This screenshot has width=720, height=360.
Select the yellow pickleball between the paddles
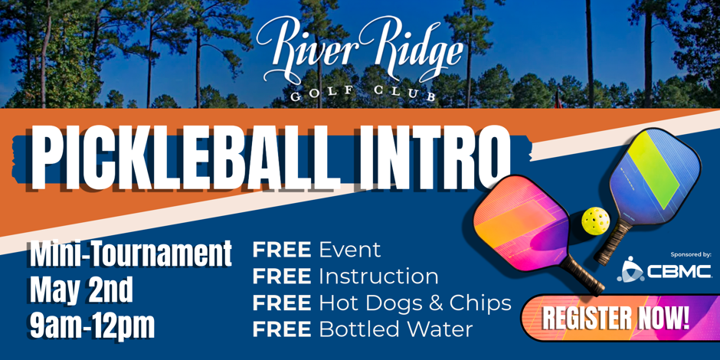tap(595, 221)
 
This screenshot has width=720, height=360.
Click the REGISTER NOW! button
tap(617, 318)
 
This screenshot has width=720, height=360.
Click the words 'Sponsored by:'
tap(691, 254)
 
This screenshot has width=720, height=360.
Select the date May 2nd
tap(81, 290)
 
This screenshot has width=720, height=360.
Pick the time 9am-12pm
tap(92, 327)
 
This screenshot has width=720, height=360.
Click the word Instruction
tap(379, 277)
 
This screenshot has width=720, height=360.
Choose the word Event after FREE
tap(350, 250)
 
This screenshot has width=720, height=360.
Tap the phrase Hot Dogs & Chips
tap(415, 303)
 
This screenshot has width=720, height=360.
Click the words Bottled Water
tap(396, 329)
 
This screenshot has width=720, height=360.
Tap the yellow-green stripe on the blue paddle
tap(653, 168)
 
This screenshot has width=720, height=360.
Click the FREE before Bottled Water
tap(282, 329)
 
